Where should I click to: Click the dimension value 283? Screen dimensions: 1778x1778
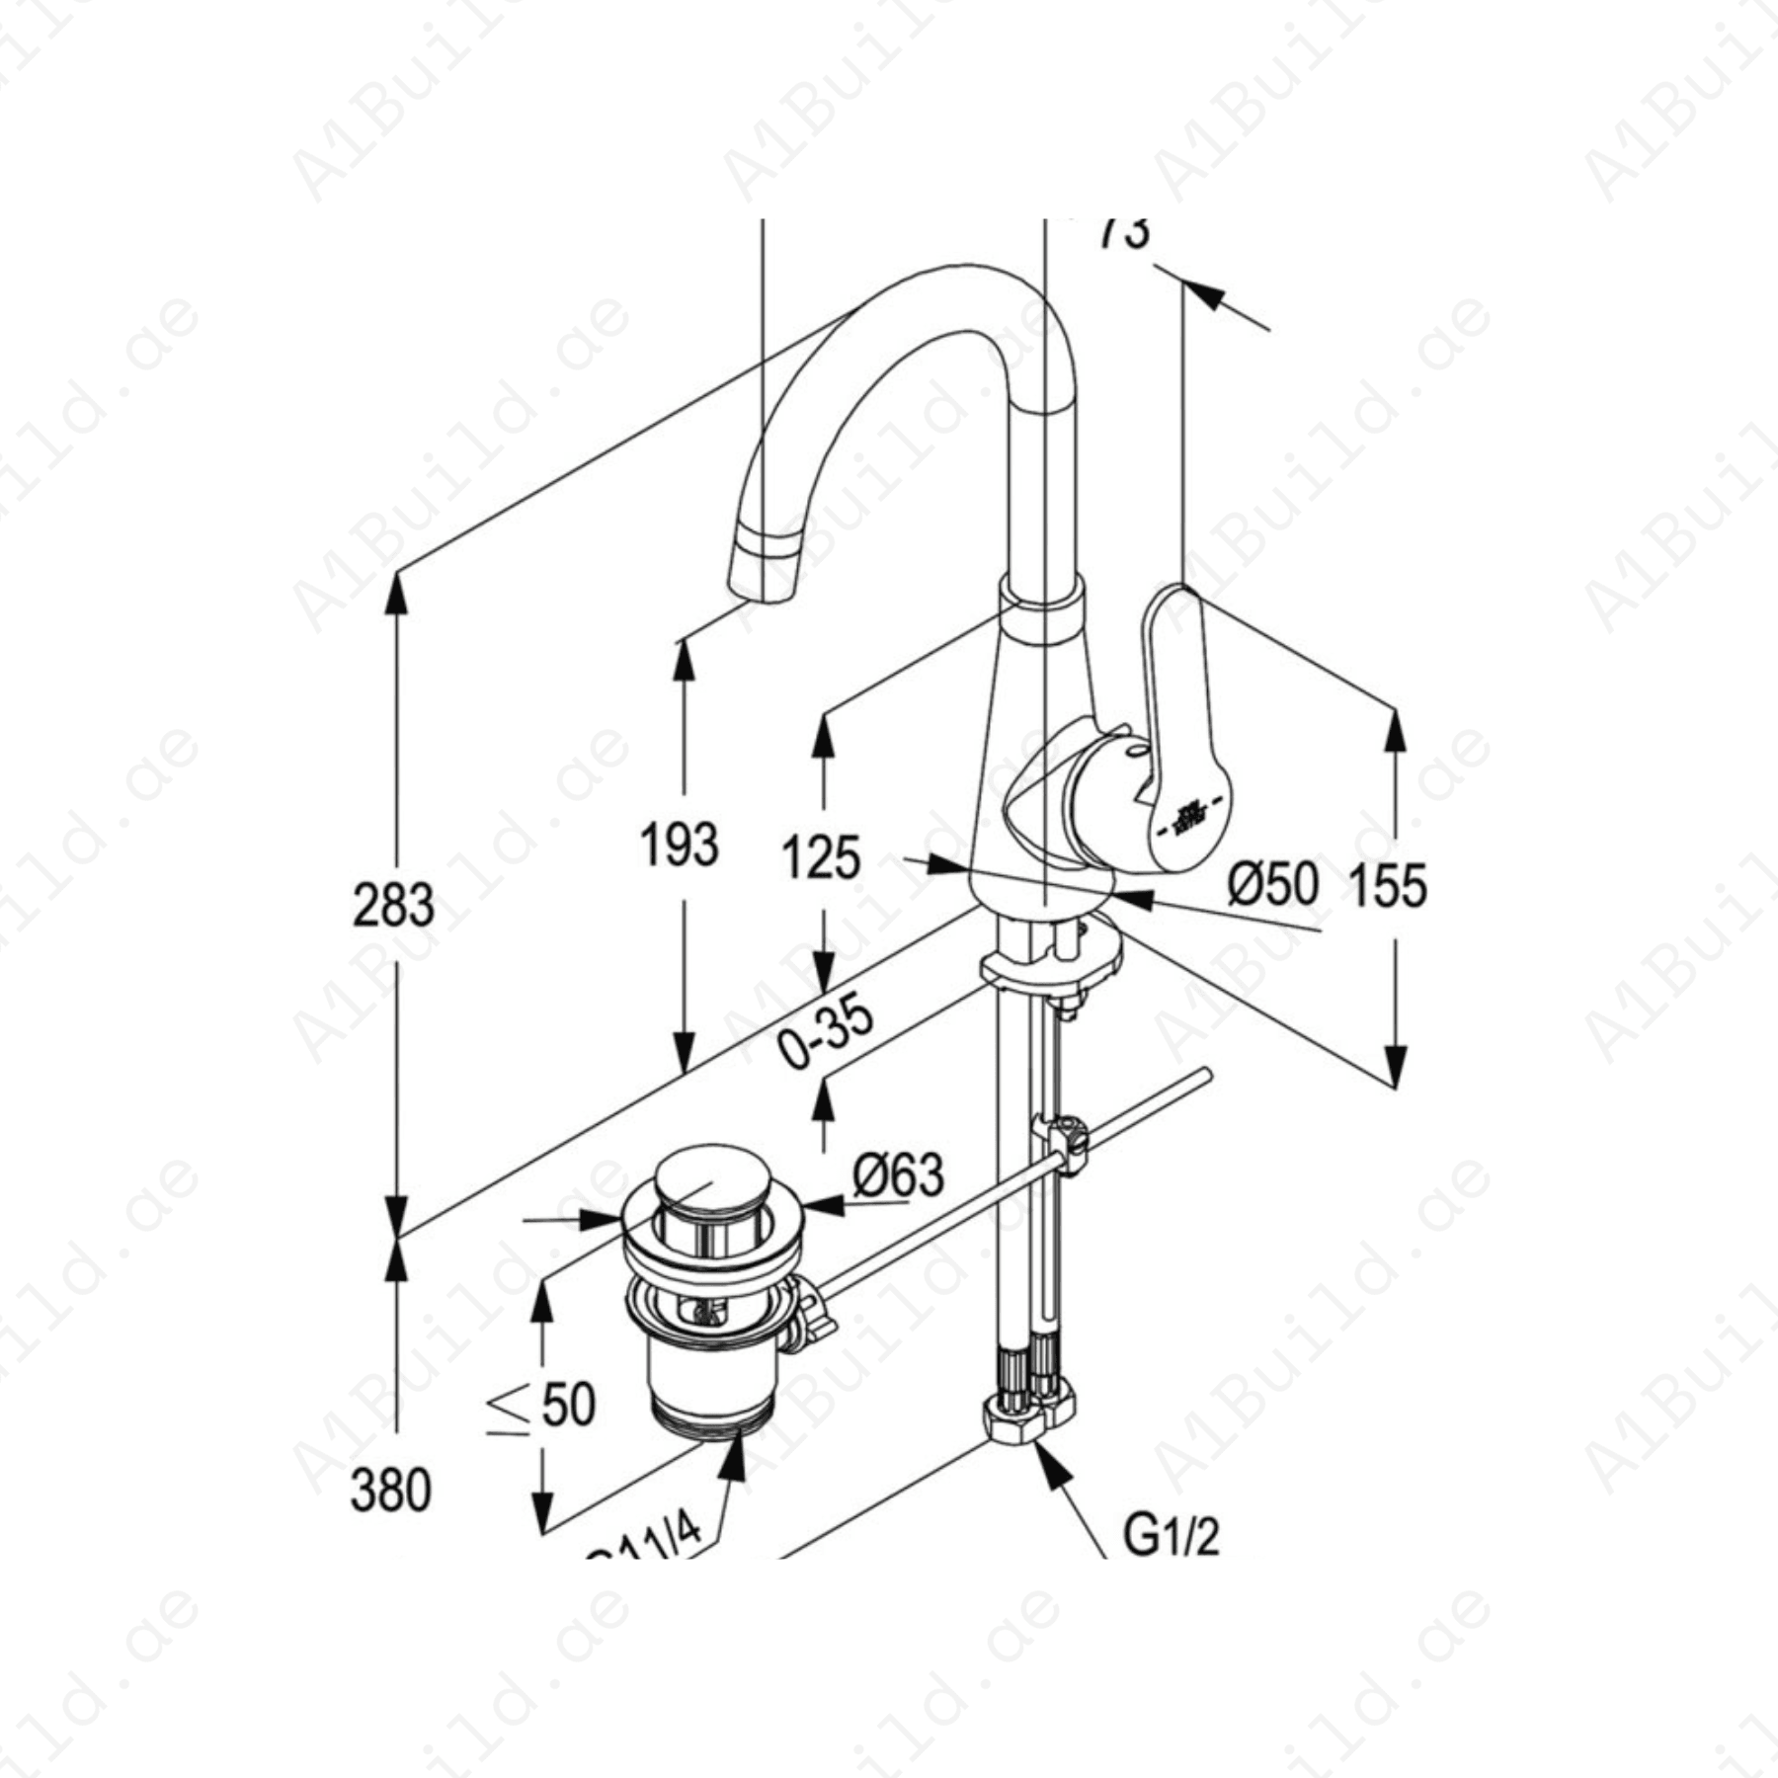[x=393, y=906]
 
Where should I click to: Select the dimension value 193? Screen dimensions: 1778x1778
[x=680, y=846]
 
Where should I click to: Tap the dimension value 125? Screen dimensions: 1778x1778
[x=821, y=857]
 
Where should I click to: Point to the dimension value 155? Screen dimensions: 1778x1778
[x=1388, y=885]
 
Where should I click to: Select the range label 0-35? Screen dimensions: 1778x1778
[x=826, y=1035]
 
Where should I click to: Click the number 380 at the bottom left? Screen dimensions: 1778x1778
[x=391, y=1492]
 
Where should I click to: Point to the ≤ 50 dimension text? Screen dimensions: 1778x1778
[x=541, y=1406]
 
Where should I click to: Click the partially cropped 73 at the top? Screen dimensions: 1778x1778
[x=1125, y=233]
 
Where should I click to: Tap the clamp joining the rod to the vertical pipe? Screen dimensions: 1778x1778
[x=1062, y=1141]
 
